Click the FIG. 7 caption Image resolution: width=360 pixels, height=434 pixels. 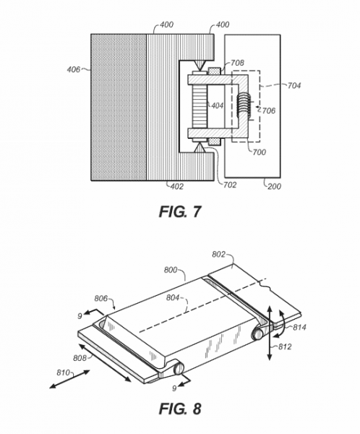click(179, 212)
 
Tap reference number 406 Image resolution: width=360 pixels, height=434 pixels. click(74, 69)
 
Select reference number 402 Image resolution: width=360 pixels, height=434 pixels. click(176, 187)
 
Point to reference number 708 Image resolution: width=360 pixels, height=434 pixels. click(237, 63)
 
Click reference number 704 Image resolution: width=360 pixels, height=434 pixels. click(293, 85)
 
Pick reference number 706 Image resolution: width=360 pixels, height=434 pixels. click(269, 111)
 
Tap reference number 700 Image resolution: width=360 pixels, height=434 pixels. click(259, 152)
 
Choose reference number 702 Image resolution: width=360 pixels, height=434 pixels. click(230, 184)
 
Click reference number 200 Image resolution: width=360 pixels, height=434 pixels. click(274, 187)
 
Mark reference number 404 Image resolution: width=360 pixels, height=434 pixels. click(217, 106)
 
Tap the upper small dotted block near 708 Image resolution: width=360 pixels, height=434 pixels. click(214, 71)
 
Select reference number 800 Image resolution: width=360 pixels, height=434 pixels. click(171, 270)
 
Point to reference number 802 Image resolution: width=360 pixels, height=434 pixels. click(218, 254)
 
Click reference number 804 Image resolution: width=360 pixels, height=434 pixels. click(173, 298)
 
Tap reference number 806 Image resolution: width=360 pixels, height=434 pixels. click(101, 298)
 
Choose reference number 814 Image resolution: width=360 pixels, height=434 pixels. click(300, 328)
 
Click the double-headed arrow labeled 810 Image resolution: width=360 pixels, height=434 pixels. click(69, 379)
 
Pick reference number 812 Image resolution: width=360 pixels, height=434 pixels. click(285, 346)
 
